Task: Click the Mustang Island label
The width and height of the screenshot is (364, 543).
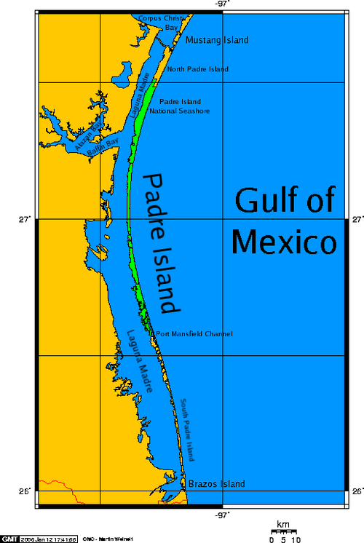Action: click(x=217, y=39)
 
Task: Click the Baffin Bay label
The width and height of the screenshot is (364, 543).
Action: click(x=102, y=145)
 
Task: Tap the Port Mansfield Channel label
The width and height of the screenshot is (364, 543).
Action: click(x=194, y=334)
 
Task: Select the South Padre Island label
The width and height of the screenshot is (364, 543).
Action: click(x=188, y=429)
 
